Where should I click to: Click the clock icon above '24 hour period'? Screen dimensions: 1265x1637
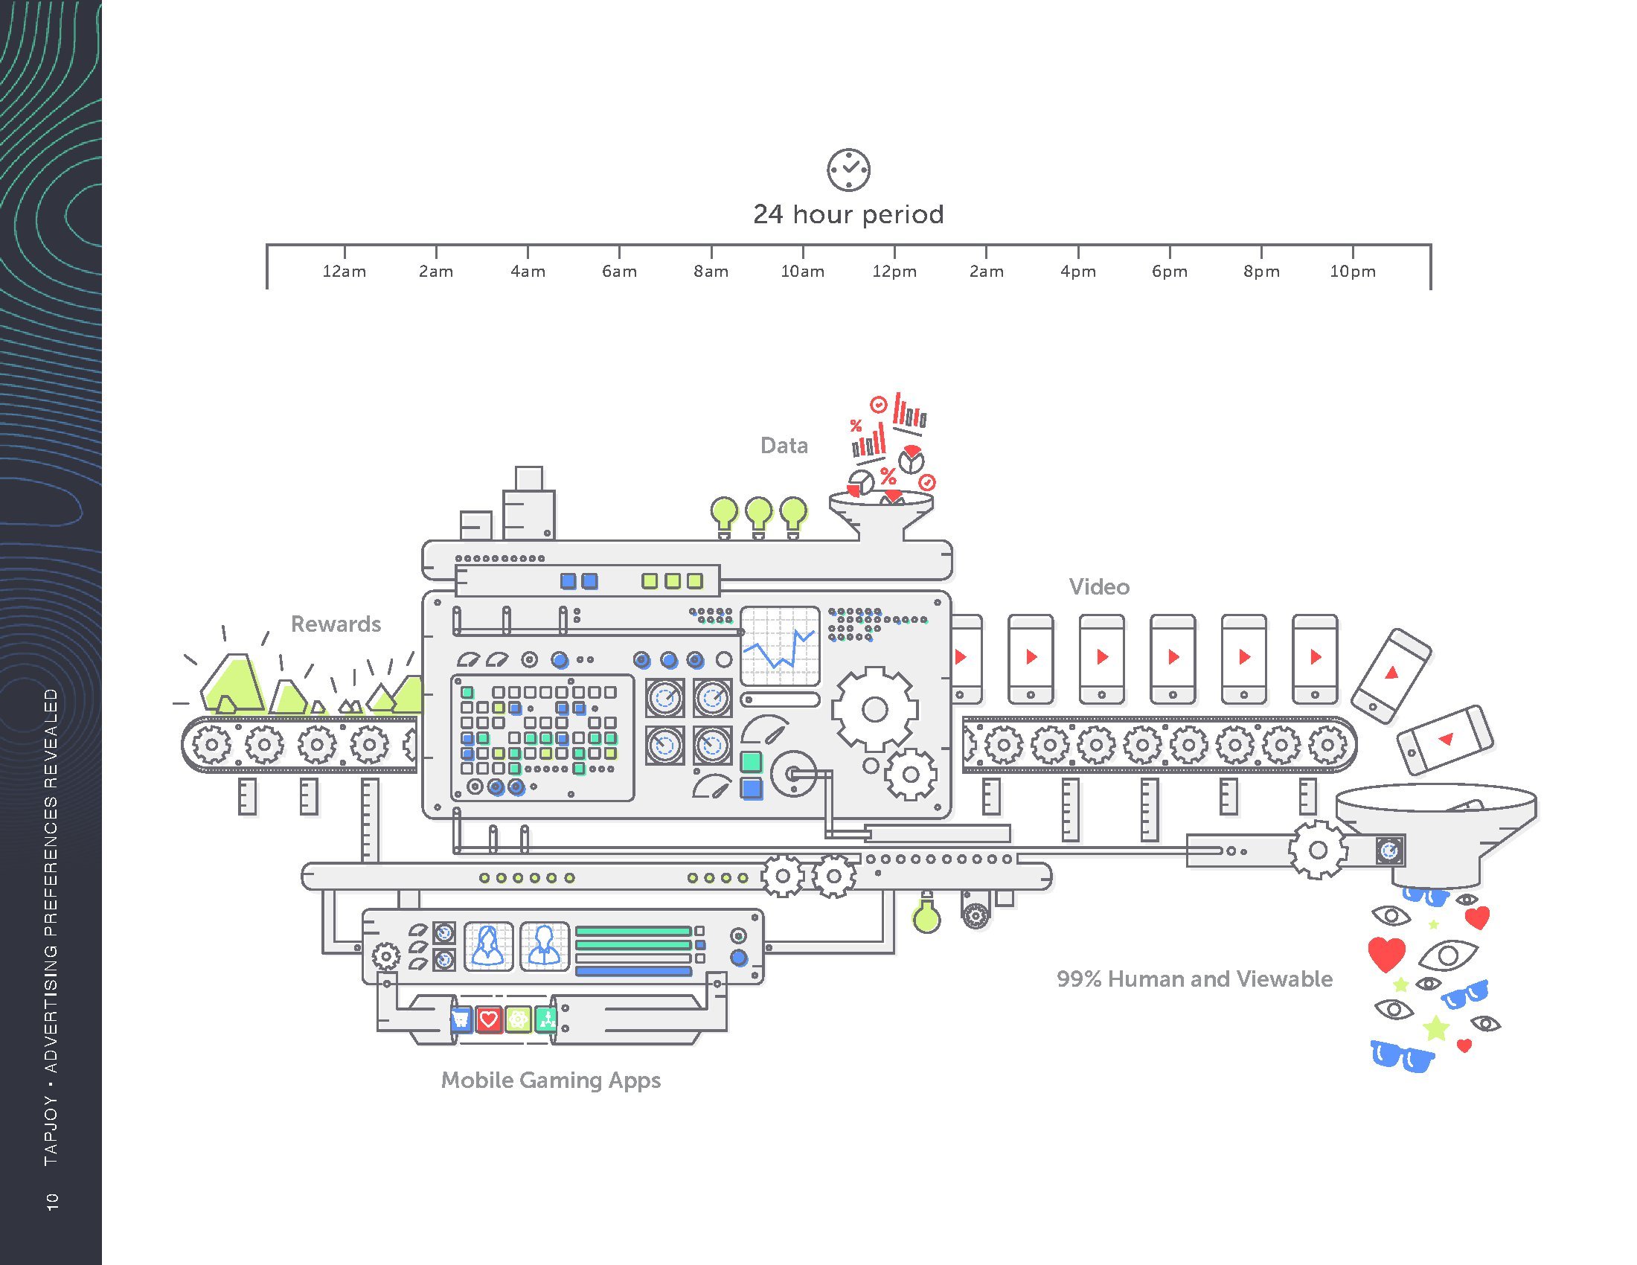pyautogui.click(x=848, y=170)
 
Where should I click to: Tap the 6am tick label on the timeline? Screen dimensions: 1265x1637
pyautogui.click(x=619, y=272)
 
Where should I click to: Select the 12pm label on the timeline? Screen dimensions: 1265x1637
pyautogui.click(x=894, y=272)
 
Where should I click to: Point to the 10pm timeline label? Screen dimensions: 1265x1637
pyautogui.click(x=1352, y=272)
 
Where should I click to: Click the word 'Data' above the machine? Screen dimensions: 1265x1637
pyautogui.click(x=784, y=446)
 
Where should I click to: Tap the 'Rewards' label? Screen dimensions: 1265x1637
pyautogui.click(x=336, y=624)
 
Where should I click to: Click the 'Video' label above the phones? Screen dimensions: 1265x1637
pyautogui.click(x=1099, y=587)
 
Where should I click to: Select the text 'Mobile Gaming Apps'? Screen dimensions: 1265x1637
pyautogui.click(x=551, y=1080)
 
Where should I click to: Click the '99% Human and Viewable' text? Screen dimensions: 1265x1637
pyautogui.click(x=1194, y=979)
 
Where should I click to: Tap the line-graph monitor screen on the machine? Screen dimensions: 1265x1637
pyautogui.click(x=780, y=645)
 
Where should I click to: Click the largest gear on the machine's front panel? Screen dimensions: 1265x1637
pyautogui.click(x=874, y=709)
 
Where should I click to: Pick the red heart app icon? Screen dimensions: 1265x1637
pyautogui.click(x=489, y=1019)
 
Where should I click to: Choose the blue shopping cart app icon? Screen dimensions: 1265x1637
pyautogui.click(x=460, y=1019)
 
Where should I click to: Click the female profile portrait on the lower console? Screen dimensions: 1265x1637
pyautogui.click(x=488, y=946)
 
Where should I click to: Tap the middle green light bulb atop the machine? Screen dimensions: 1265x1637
pyautogui.click(x=758, y=514)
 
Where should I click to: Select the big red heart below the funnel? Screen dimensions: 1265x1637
pyautogui.click(x=1386, y=954)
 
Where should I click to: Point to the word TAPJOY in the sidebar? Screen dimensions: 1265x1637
pyautogui.click(x=51, y=1131)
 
